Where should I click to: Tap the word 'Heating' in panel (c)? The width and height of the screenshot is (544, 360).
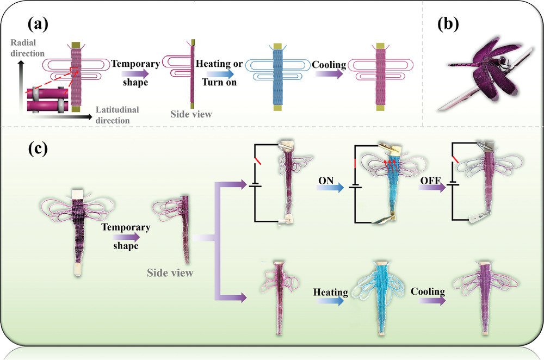[x=330, y=293]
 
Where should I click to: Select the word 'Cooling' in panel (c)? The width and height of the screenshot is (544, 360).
[x=428, y=291]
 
